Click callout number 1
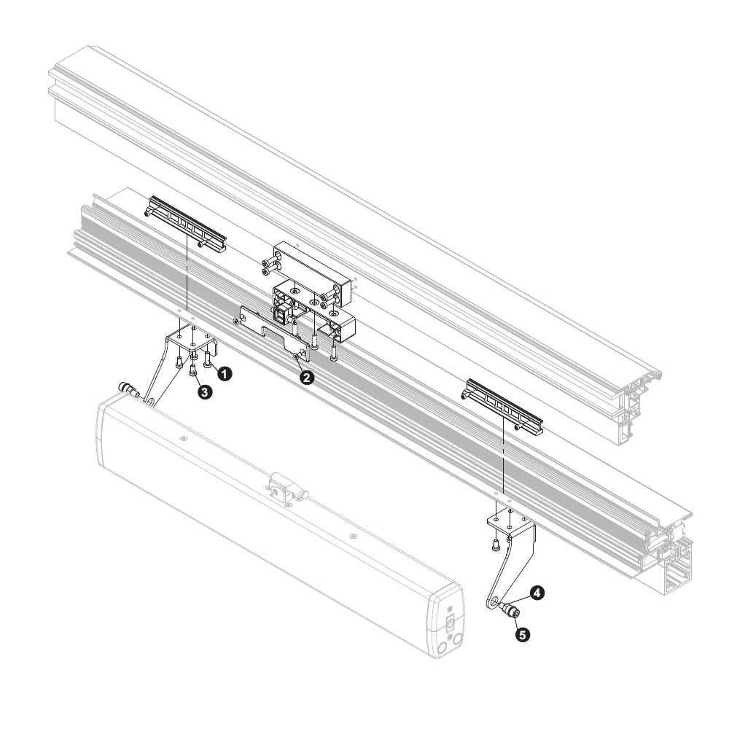coord(225,374)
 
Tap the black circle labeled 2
coord(306,378)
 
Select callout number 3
coord(205,392)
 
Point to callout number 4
coord(537,593)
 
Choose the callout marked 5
coord(523,635)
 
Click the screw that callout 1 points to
coord(207,359)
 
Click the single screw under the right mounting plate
coord(496,545)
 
